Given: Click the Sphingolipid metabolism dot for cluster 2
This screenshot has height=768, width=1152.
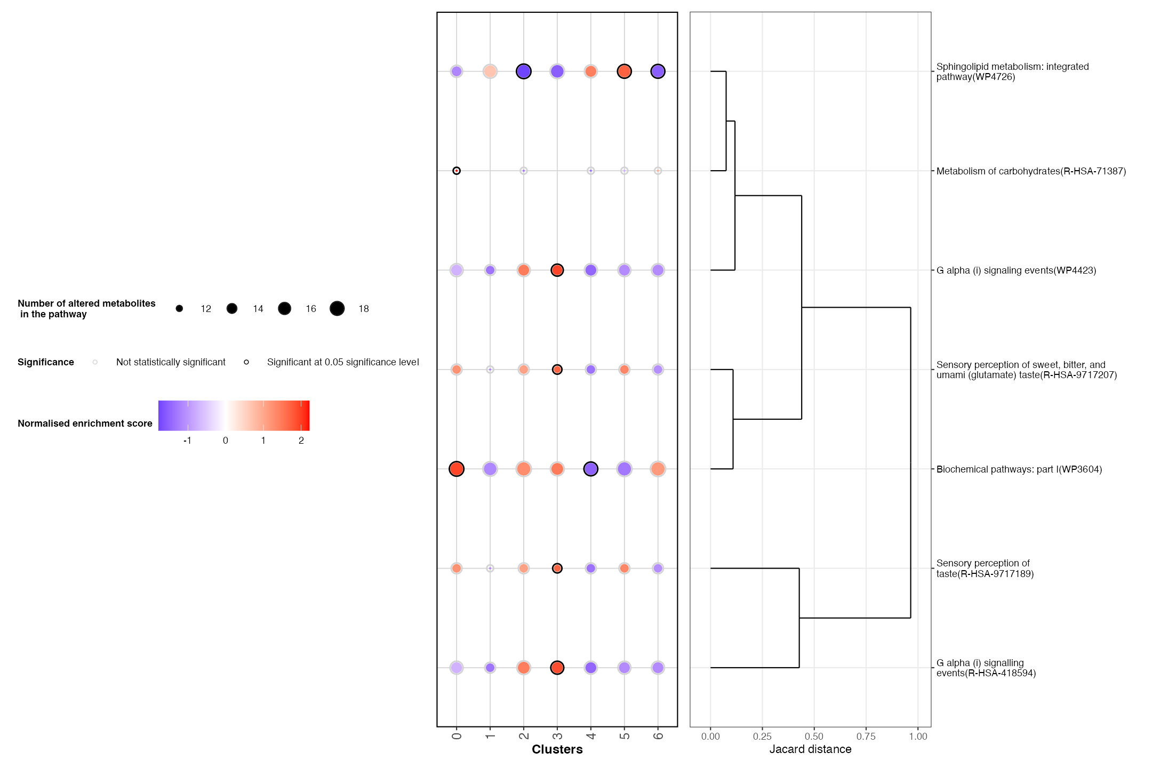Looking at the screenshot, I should pyautogui.click(x=524, y=71).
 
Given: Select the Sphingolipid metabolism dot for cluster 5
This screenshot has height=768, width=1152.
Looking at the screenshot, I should pyautogui.click(x=624, y=71).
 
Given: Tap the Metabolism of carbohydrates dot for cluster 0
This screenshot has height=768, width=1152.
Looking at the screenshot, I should pyautogui.click(x=457, y=171).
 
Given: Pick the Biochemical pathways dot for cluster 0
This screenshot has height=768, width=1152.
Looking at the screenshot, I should pyautogui.click(x=457, y=469).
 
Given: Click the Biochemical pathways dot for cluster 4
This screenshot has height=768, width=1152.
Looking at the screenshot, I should pyautogui.click(x=590, y=469).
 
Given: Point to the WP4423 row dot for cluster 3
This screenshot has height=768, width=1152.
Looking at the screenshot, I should pyautogui.click(x=557, y=270).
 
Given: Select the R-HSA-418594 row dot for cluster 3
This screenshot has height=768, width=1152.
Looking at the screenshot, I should pyautogui.click(x=557, y=668).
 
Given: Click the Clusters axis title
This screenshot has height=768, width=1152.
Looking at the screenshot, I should pyautogui.click(x=557, y=749).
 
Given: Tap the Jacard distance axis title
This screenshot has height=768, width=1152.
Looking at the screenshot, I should pyautogui.click(x=810, y=749).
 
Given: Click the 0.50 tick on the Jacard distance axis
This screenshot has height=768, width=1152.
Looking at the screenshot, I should pyautogui.click(x=814, y=737).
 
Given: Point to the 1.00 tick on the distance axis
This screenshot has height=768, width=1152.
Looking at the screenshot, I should pyautogui.click(x=918, y=737).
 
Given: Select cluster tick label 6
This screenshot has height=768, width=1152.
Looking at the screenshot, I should pyautogui.click(x=658, y=736).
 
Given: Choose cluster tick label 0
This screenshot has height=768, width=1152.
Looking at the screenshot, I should pyautogui.click(x=457, y=736).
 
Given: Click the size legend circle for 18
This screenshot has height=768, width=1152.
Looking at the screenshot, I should pyautogui.click(x=337, y=308).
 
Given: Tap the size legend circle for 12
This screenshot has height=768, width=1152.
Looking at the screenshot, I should pyautogui.click(x=179, y=308).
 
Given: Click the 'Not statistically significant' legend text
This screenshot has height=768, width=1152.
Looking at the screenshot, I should pyautogui.click(x=171, y=362).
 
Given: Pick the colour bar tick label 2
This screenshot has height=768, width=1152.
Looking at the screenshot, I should pyautogui.click(x=301, y=441).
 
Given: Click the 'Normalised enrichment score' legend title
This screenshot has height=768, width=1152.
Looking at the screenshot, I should pyautogui.click(x=85, y=423).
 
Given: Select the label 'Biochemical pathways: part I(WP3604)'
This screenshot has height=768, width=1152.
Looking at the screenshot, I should pyautogui.click(x=1019, y=469).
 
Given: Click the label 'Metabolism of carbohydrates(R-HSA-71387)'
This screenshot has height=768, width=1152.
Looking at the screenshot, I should pyautogui.click(x=1031, y=171).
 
